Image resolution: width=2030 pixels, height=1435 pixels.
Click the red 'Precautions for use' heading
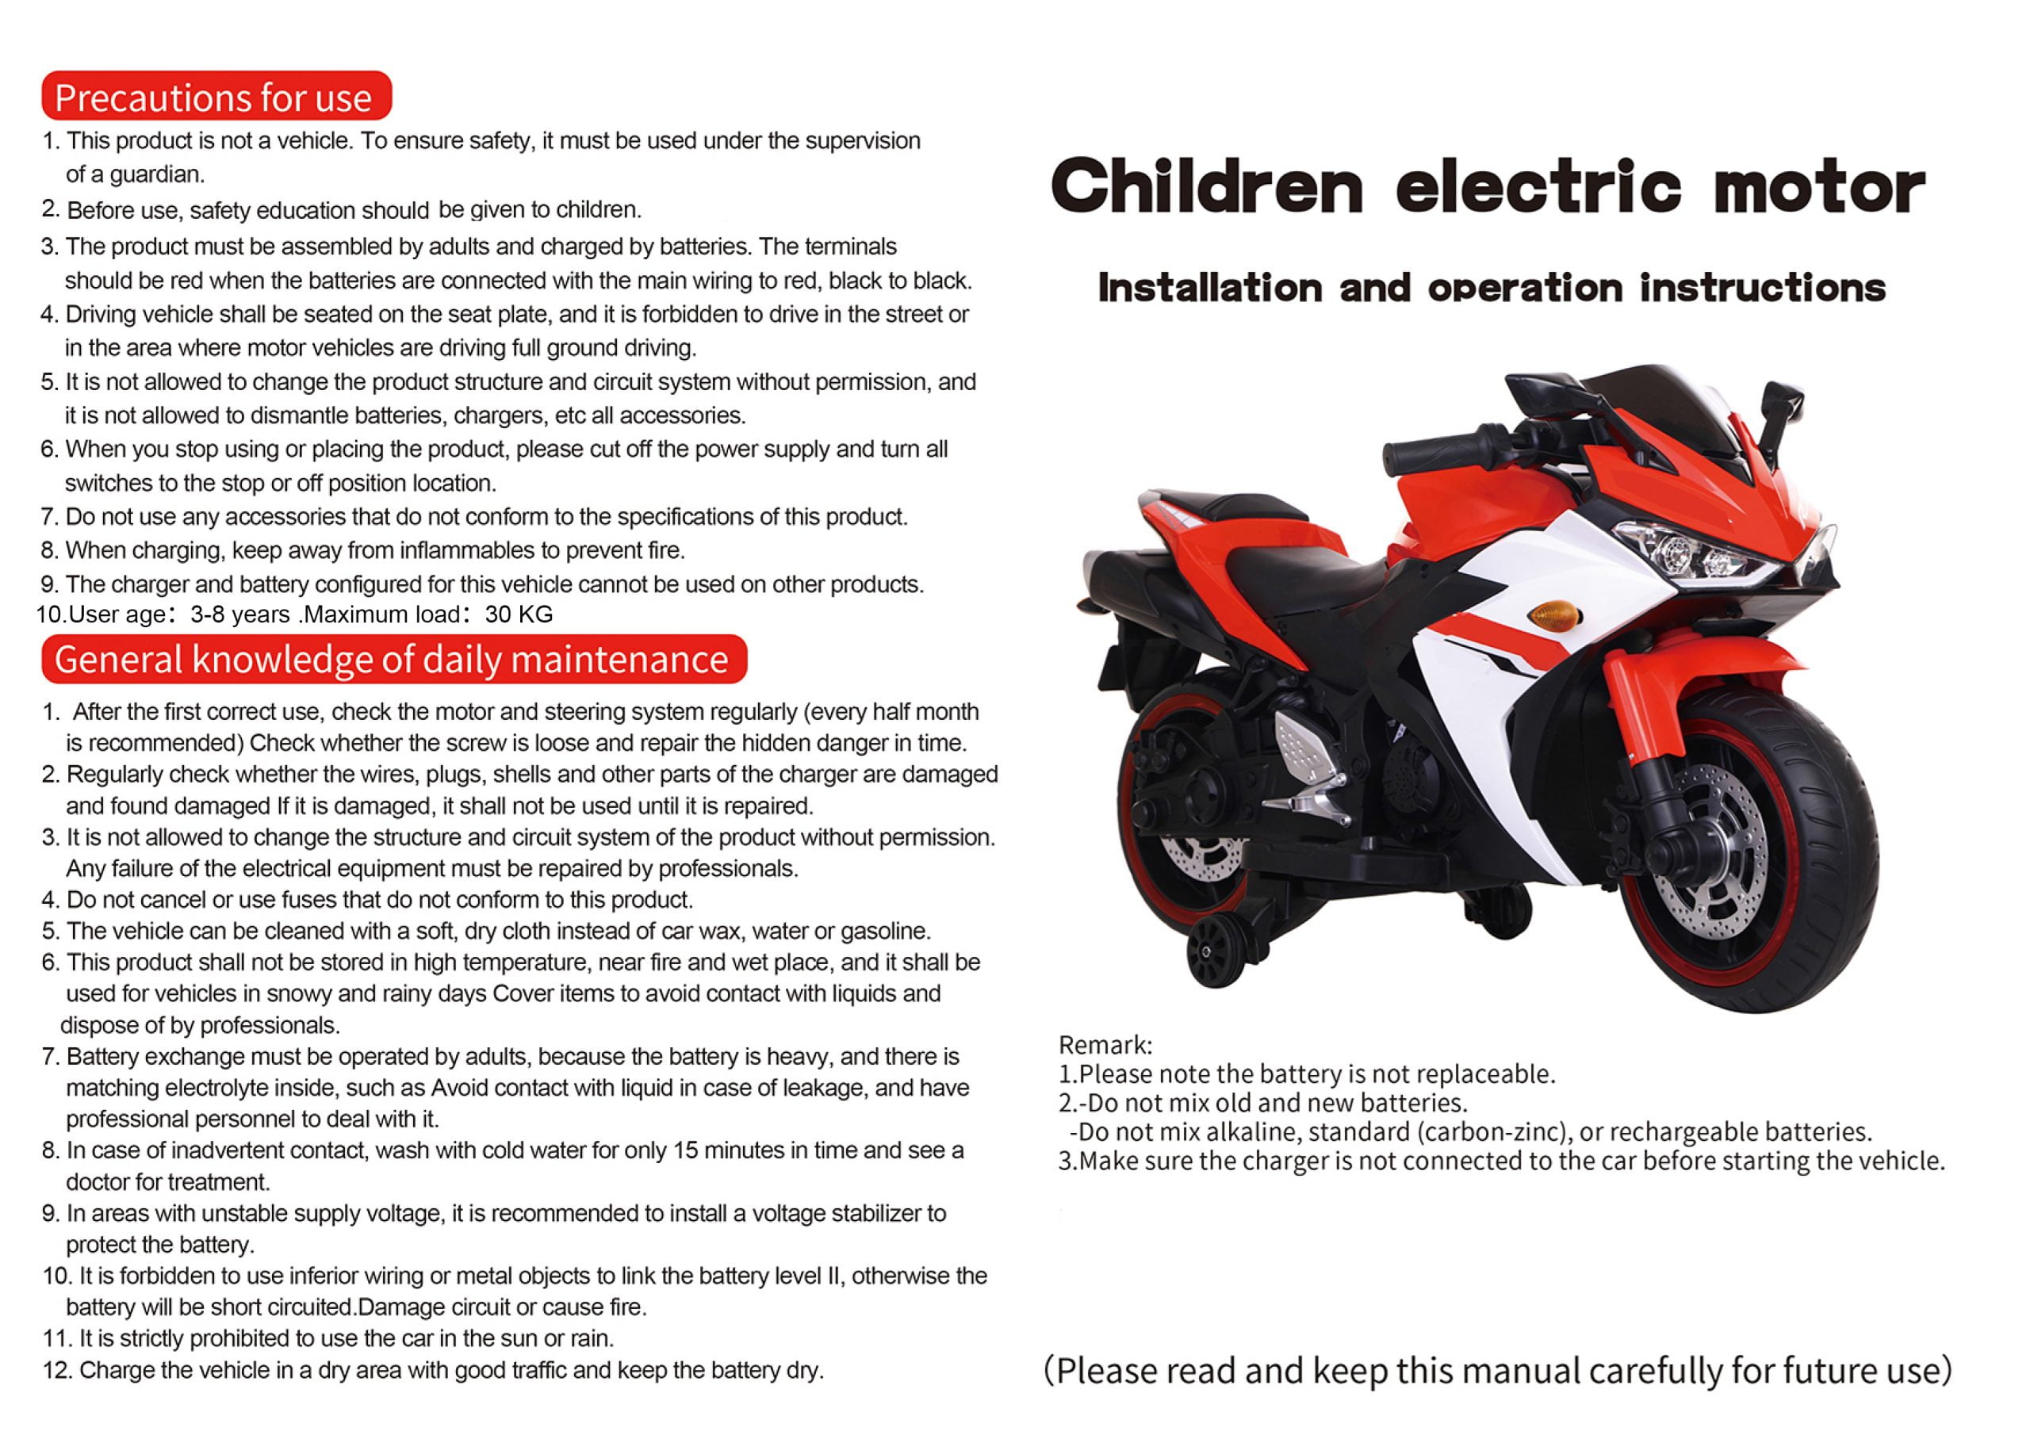point(215,98)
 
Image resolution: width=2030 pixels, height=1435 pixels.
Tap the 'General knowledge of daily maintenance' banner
point(393,660)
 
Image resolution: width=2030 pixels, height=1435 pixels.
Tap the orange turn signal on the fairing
point(1553,614)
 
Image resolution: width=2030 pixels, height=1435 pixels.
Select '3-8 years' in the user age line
point(239,614)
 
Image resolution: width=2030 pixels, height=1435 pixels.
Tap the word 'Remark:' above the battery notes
point(1105,1045)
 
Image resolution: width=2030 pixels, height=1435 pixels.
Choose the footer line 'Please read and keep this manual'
point(1498,1371)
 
